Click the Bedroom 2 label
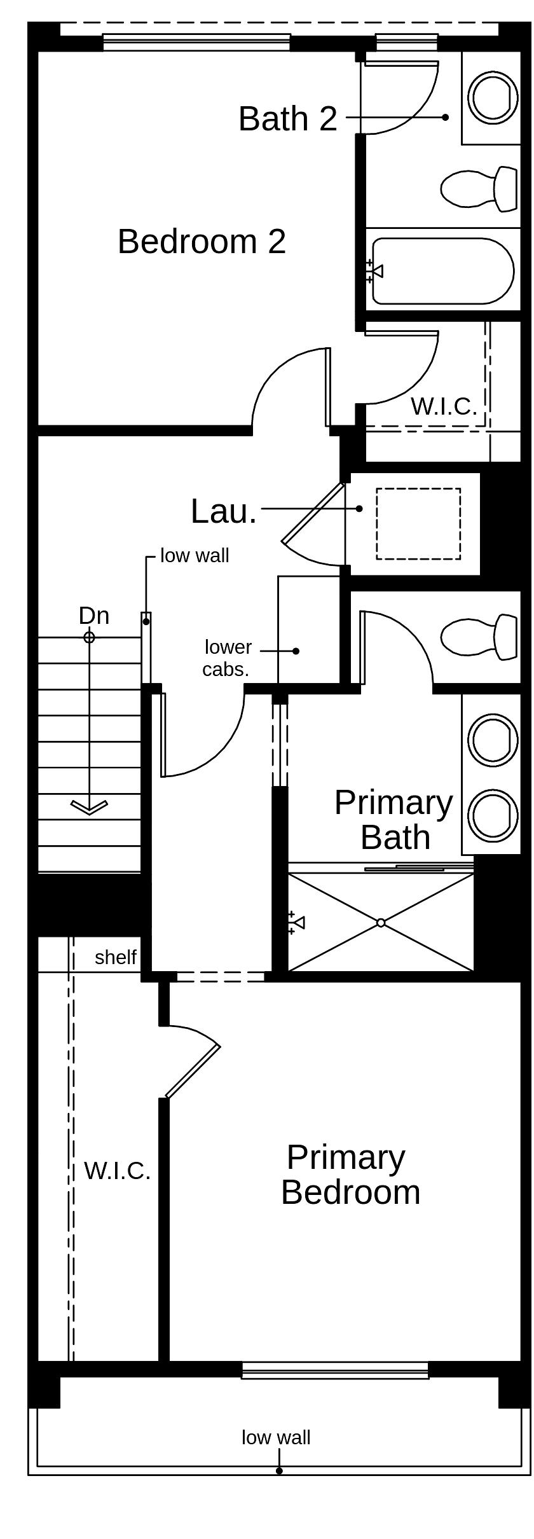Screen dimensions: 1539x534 (202, 242)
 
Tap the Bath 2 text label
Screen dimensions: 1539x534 (287, 119)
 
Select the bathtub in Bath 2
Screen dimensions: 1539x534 (442, 271)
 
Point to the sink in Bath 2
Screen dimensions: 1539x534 (493, 97)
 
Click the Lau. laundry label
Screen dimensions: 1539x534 (223, 511)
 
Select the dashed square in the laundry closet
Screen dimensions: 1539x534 (418, 523)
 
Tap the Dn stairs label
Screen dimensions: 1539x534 (93, 616)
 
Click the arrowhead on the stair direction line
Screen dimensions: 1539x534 (89, 807)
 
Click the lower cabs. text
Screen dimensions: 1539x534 (227, 658)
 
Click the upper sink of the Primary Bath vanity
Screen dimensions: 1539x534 (493, 738)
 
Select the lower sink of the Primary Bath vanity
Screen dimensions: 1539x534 (493, 814)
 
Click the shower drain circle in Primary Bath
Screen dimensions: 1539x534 (381, 922)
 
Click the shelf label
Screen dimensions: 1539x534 (115, 957)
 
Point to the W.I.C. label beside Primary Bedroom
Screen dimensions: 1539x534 (117, 1171)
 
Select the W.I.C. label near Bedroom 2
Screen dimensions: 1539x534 (443, 406)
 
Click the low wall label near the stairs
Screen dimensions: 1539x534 (195, 556)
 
